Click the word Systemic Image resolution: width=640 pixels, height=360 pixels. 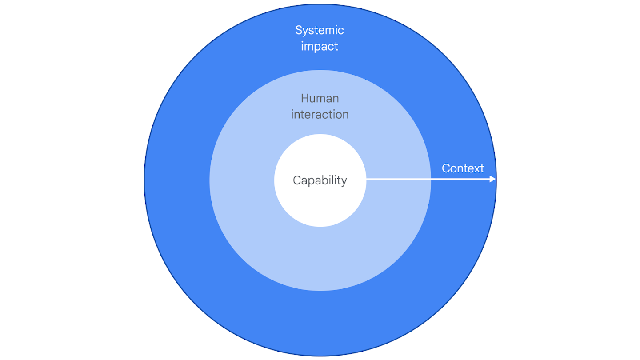(320, 30)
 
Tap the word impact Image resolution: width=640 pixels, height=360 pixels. (320, 46)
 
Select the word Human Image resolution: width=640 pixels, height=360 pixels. (320, 98)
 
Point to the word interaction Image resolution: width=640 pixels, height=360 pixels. (320, 114)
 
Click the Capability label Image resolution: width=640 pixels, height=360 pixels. (320, 180)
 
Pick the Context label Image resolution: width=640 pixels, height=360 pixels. (463, 168)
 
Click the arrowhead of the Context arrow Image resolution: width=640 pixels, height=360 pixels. (492, 179)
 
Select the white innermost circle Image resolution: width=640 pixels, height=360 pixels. (320, 204)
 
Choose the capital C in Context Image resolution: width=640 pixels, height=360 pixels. (446, 168)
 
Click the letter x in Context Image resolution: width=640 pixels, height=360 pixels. (474, 169)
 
